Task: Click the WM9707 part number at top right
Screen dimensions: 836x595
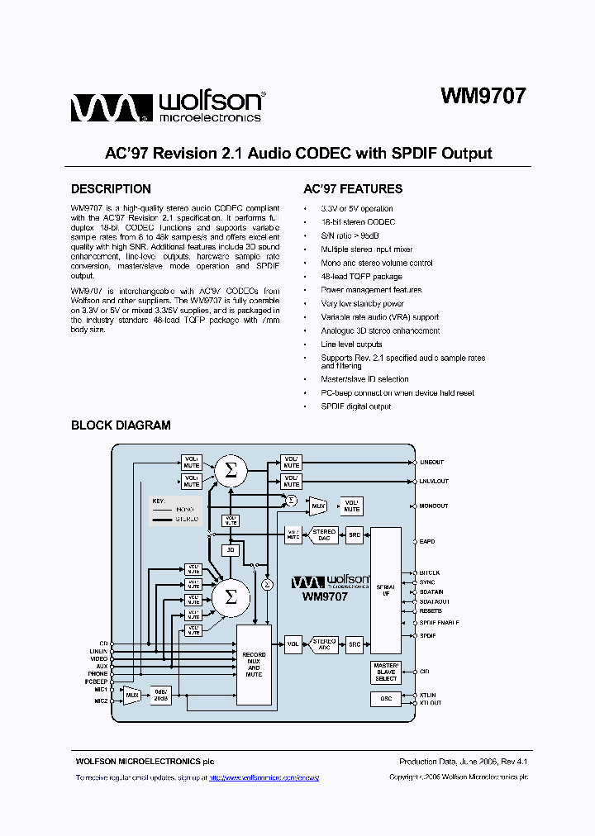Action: point(483,96)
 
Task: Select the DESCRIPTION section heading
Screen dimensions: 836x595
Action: point(111,189)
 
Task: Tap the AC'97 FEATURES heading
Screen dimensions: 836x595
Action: point(353,189)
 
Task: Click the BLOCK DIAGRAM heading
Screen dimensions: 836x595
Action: point(121,425)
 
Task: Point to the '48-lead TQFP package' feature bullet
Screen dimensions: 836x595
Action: point(361,277)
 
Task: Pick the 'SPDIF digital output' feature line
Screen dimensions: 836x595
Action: point(356,406)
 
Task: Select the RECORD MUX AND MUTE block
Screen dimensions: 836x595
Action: point(254,664)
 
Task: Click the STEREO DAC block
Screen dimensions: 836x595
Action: point(323,534)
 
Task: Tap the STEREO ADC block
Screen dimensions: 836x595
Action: point(323,643)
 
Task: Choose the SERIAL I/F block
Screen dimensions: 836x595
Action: point(385,590)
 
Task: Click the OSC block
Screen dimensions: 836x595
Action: point(385,698)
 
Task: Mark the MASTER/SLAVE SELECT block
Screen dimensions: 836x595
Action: point(385,672)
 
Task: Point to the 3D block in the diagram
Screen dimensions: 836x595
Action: point(231,550)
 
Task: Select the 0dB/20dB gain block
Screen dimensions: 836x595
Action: point(161,695)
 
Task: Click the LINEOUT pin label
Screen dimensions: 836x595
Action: point(431,463)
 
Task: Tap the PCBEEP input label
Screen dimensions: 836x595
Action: point(97,681)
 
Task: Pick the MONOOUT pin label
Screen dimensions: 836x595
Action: point(433,506)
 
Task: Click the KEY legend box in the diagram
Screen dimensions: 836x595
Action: point(176,511)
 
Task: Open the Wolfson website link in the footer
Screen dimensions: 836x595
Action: point(264,778)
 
